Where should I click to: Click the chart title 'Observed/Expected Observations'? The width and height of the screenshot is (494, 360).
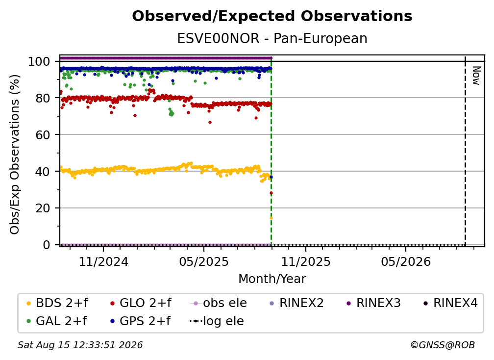pos(272,16)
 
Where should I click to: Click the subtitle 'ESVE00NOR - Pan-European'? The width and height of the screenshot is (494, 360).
pos(272,38)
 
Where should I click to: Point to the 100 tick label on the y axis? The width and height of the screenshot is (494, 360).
pos(39,61)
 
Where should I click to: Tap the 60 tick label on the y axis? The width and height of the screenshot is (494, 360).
pos(43,134)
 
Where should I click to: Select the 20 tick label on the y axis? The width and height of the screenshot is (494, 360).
pos(43,208)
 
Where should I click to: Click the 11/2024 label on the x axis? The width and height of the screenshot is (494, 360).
pos(103,261)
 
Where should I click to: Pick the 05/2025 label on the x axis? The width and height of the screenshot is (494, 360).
pos(204,261)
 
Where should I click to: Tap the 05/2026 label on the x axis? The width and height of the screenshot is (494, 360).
pos(406,261)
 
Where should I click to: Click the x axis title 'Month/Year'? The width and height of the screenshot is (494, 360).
pos(272,279)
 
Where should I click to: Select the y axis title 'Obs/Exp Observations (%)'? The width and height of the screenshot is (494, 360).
pos(15,154)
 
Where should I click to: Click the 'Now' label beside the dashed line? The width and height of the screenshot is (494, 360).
pos(476,76)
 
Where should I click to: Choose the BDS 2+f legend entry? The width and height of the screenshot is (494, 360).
pos(57,303)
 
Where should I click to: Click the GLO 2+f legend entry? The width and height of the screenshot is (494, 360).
pos(141,303)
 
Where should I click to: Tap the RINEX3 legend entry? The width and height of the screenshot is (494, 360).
pos(373,303)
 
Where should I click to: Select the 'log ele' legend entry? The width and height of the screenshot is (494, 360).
pos(217,321)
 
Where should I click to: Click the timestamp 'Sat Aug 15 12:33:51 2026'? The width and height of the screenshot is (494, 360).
pos(80,345)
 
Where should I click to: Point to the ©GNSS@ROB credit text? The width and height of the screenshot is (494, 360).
pos(443,345)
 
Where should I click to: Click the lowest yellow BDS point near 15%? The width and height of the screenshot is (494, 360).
pos(271,218)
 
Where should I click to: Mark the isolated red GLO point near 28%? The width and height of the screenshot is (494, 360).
pos(271,193)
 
